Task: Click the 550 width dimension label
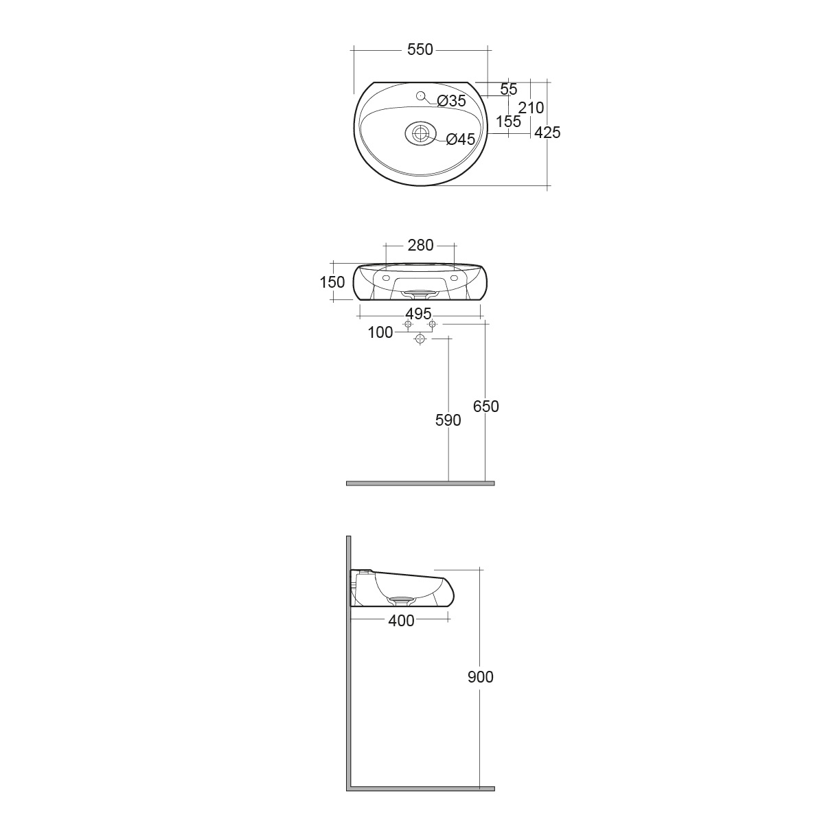click(x=420, y=49)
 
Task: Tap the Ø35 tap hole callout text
click(x=452, y=101)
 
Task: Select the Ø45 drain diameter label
click(x=461, y=139)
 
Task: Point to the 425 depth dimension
click(x=547, y=133)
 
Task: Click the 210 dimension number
click(x=531, y=108)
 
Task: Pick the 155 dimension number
click(x=508, y=122)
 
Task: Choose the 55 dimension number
click(x=509, y=89)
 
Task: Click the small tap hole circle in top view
click(x=420, y=95)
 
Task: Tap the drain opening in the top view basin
click(x=420, y=133)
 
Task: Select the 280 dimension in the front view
click(x=421, y=245)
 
